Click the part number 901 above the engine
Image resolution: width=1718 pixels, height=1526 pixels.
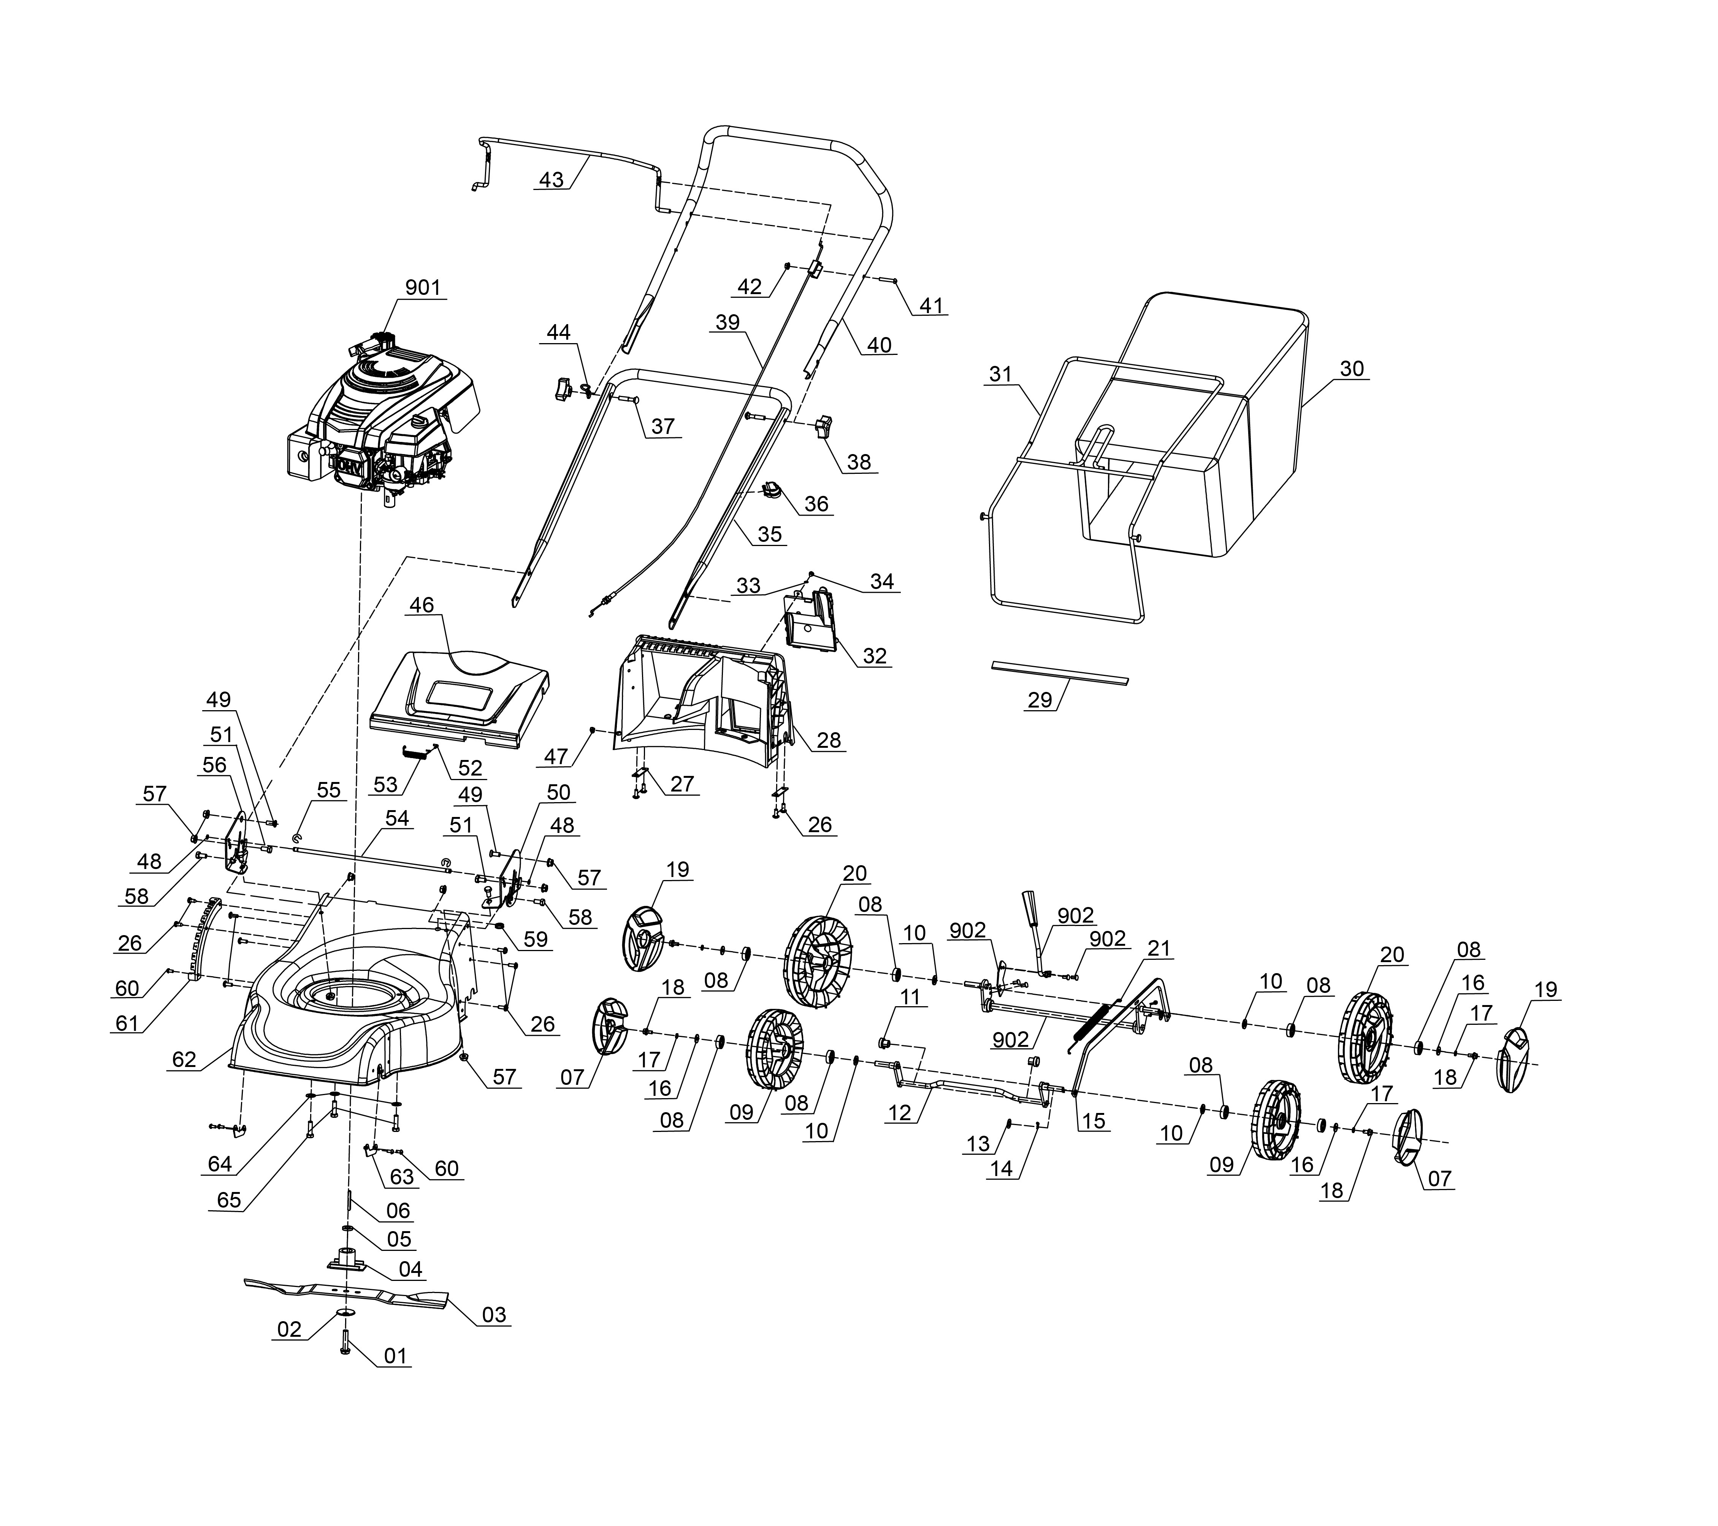[423, 287]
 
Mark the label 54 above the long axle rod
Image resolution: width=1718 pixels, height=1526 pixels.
[397, 818]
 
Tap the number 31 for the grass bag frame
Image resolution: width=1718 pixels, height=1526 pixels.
[1000, 374]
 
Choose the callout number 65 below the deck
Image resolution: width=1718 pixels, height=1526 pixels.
[228, 1200]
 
